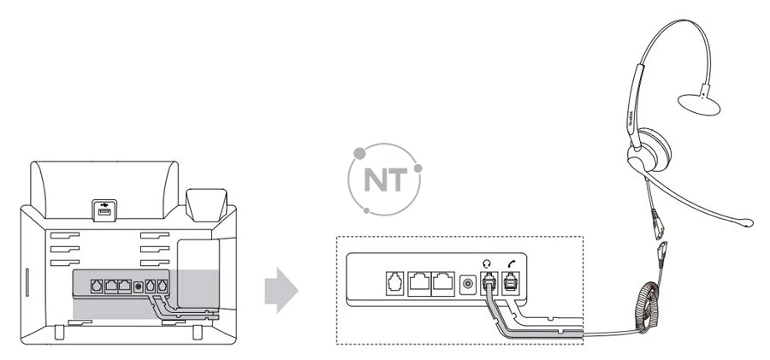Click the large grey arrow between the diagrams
click(280, 291)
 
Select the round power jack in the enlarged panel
click(467, 281)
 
